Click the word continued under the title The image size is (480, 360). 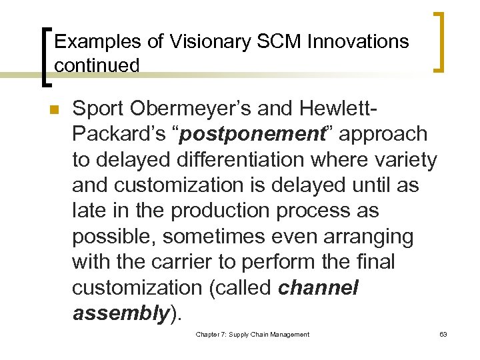pos(97,65)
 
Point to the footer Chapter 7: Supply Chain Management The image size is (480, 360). pos(252,335)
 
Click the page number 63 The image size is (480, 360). pos(443,335)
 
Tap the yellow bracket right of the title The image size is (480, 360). pos(440,42)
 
